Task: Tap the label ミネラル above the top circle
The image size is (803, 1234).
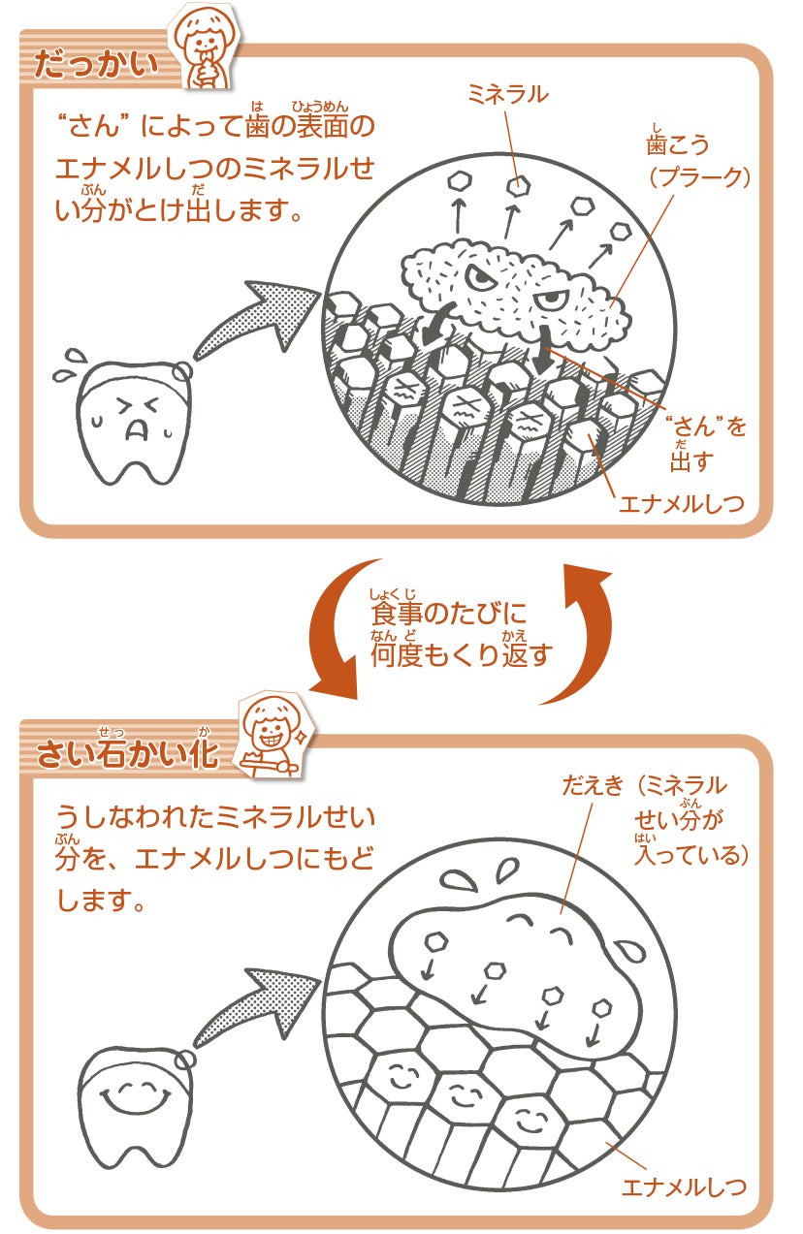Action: [x=507, y=94]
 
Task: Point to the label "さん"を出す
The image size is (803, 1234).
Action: [x=707, y=442]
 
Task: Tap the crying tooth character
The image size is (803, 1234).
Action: [x=132, y=423]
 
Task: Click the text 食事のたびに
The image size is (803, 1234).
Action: [x=447, y=615]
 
